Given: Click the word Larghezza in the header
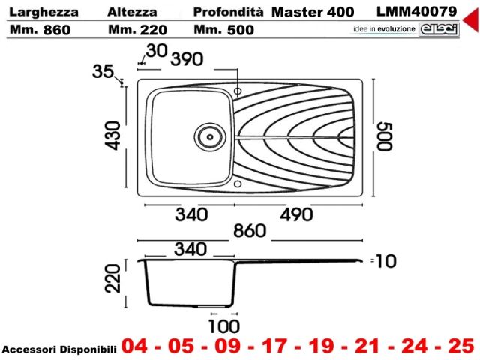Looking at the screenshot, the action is click(x=43, y=13).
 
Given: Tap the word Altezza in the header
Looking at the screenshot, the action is click(x=132, y=12).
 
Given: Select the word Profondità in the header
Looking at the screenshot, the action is click(x=228, y=12).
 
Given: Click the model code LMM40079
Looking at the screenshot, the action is click(x=416, y=12).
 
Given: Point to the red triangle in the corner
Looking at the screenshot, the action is click(x=472, y=19).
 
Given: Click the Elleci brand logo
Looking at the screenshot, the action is click(x=439, y=29).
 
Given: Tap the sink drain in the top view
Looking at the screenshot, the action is click(x=210, y=136).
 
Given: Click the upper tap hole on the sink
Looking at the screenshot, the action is click(x=238, y=91).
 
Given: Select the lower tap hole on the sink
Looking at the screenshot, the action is click(x=238, y=184).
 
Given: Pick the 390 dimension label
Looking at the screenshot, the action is click(x=187, y=59).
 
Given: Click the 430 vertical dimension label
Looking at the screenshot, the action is click(x=113, y=136).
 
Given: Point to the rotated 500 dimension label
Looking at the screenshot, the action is click(x=385, y=136).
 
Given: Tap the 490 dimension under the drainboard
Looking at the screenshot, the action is click(x=296, y=214).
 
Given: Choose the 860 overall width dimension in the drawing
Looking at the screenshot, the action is click(x=250, y=231).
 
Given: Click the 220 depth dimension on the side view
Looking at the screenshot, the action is click(x=112, y=278).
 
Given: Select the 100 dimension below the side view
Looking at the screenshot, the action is click(x=224, y=326).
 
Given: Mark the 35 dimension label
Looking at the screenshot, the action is click(x=103, y=71).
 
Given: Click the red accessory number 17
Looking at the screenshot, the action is click(x=274, y=346).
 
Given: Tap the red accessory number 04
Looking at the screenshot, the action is click(x=134, y=346).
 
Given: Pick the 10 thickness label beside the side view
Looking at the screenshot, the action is click(x=385, y=262).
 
